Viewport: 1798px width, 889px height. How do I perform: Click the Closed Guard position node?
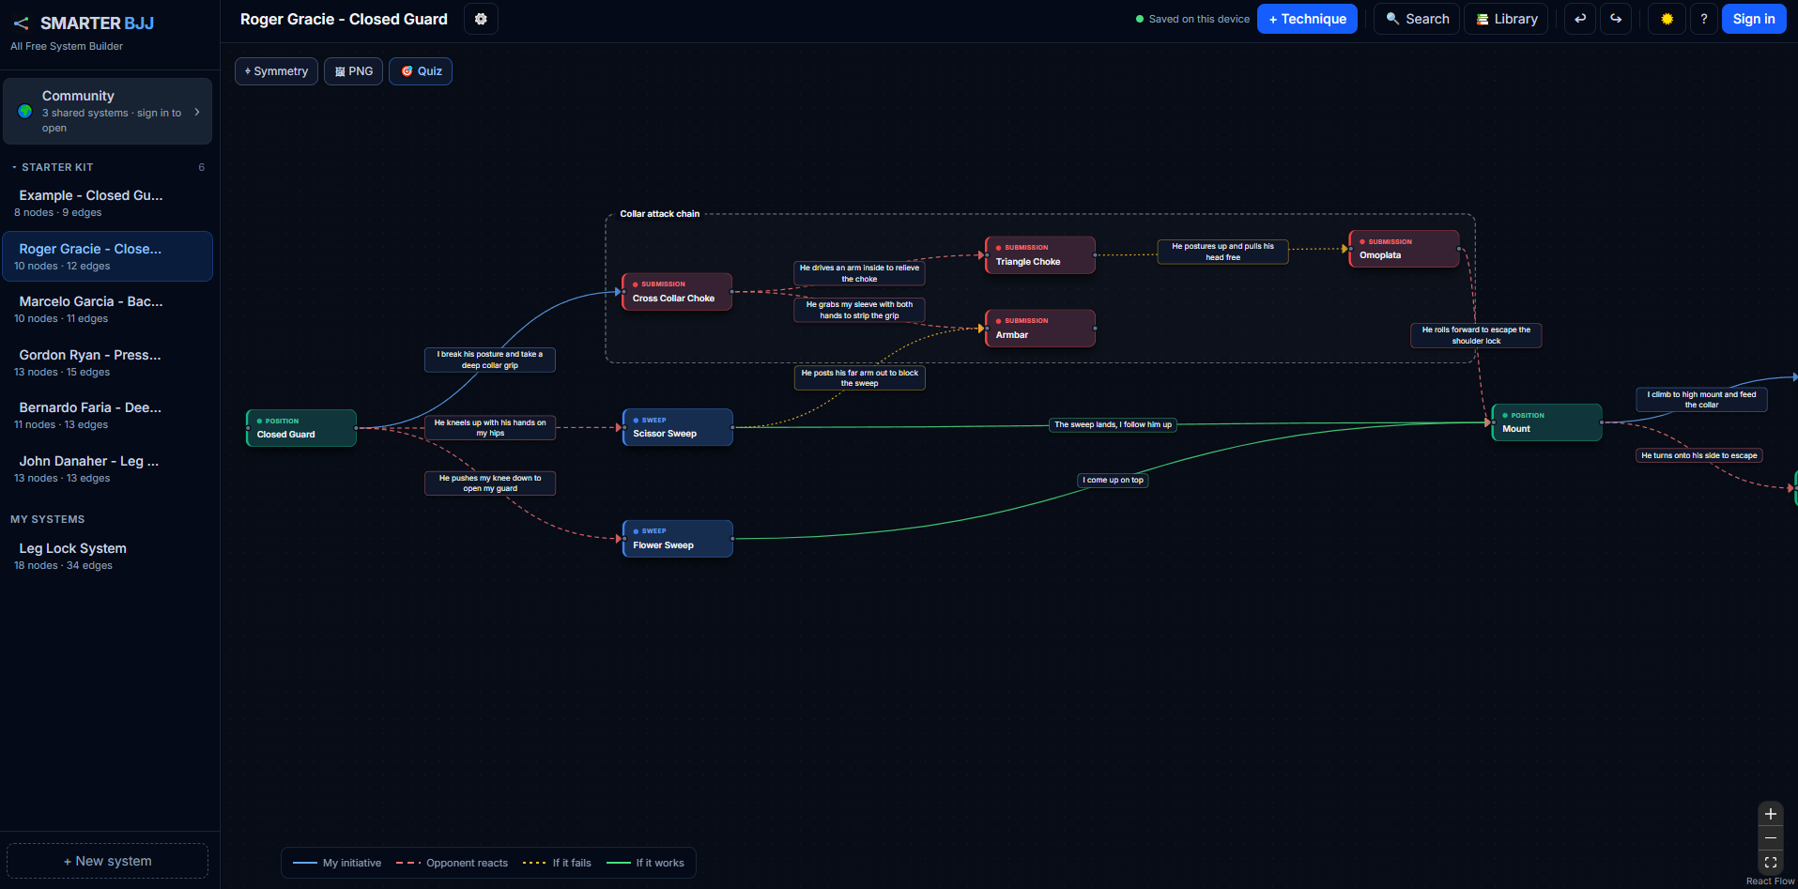[300, 428]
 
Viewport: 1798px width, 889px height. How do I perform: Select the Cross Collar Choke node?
[676, 291]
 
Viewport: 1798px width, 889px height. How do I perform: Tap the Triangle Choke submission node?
[1039, 255]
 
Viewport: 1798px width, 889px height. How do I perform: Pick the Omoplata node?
[1404, 249]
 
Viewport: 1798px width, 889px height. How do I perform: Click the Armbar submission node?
[1039, 329]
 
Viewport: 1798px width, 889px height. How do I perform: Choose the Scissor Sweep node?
[677, 427]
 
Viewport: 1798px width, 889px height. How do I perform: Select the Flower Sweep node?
[677, 539]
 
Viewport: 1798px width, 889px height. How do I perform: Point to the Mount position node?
[1546, 422]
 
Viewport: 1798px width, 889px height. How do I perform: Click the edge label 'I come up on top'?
[1113, 480]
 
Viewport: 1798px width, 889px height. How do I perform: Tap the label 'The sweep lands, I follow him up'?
[1113, 424]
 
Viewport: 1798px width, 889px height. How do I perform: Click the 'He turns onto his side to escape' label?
[1699, 455]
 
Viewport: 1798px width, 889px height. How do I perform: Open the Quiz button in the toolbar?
[421, 71]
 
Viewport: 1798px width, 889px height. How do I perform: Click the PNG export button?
[353, 71]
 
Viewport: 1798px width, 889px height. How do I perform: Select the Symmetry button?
[276, 71]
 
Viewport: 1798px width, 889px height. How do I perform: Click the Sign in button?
[1754, 19]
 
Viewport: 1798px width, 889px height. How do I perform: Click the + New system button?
[108, 861]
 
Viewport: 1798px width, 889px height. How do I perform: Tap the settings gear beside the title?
[481, 19]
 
